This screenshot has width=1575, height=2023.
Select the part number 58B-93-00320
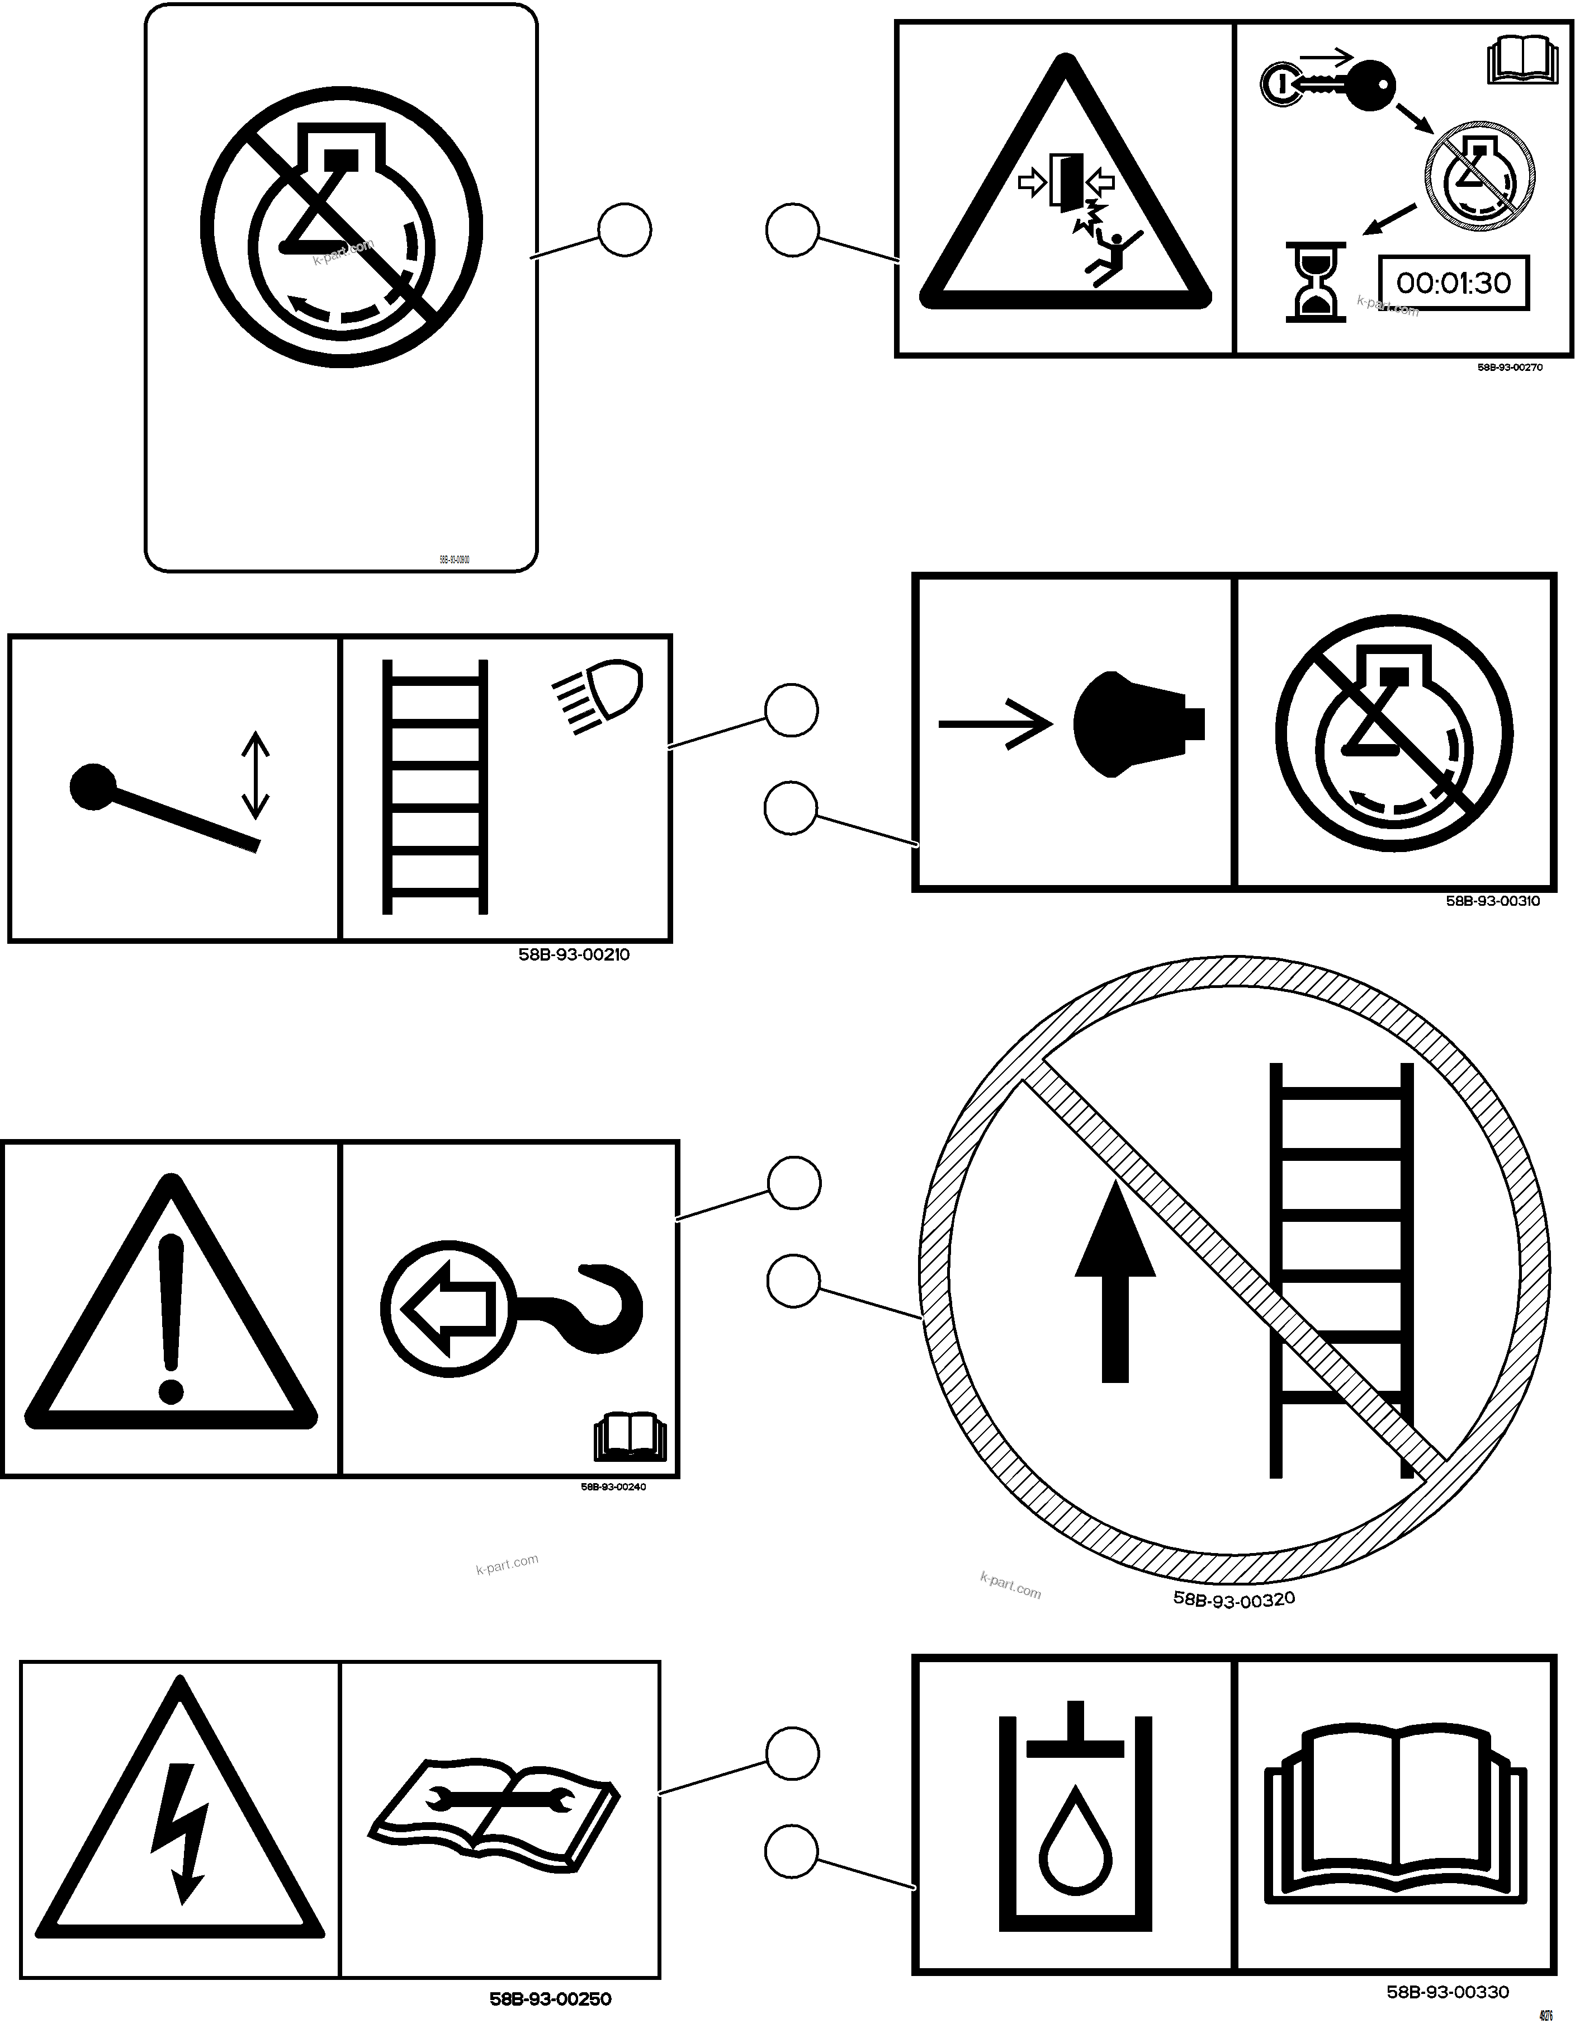1233,1599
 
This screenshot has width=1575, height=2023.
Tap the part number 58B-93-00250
550,1999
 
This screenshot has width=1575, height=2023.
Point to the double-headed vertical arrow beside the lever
256,775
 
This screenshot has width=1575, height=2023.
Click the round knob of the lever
93,787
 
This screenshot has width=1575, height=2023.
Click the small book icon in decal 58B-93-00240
628,1437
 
